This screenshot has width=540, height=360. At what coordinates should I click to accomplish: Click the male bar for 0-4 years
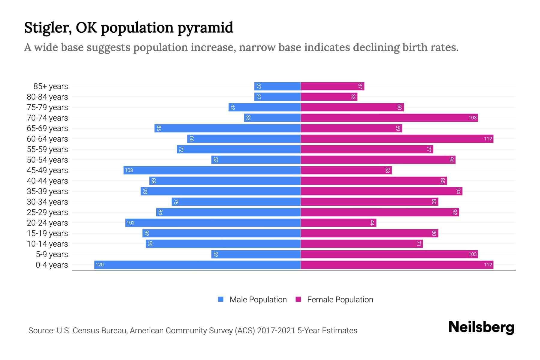pyautogui.click(x=197, y=265)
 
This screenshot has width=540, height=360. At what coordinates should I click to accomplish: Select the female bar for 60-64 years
pyautogui.click(x=397, y=139)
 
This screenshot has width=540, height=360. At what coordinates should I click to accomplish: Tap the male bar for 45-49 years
pyautogui.click(x=212, y=170)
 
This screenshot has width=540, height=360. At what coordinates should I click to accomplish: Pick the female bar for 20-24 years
pyautogui.click(x=338, y=223)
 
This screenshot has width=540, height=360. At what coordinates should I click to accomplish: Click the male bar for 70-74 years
pyautogui.click(x=272, y=118)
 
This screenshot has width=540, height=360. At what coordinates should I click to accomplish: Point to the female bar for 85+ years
pyautogui.click(x=332, y=86)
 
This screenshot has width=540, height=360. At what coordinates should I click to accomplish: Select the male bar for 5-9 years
pyautogui.click(x=256, y=254)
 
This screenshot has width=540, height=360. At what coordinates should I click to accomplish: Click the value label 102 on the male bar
pyautogui.click(x=130, y=223)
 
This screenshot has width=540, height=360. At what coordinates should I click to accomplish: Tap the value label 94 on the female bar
pyautogui.click(x=458, y=191)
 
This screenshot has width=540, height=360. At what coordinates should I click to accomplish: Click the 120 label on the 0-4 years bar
pyautogui.click(x=100, y=265)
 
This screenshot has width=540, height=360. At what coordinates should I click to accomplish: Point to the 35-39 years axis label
pyautogui.click(x=47, y=191)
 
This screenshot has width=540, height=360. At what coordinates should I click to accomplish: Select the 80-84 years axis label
pyautogui.click(x=47, y=97)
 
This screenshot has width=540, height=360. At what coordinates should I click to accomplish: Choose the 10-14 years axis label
pyautogui.click(x=47, y=244)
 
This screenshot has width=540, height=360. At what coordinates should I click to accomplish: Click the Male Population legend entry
pyautogui.click(x=258, y=299)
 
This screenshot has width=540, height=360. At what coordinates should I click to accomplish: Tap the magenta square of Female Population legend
pyautogui.click(x=298, y=299)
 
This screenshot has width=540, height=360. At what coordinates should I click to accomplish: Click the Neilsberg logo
pyautogui.click(x=481, y=327)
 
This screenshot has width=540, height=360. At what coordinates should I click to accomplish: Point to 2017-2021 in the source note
pyautogui.click(x=276, y=330)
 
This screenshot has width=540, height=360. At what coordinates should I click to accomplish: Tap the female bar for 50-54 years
pyautogui.click(x=378, y=160)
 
